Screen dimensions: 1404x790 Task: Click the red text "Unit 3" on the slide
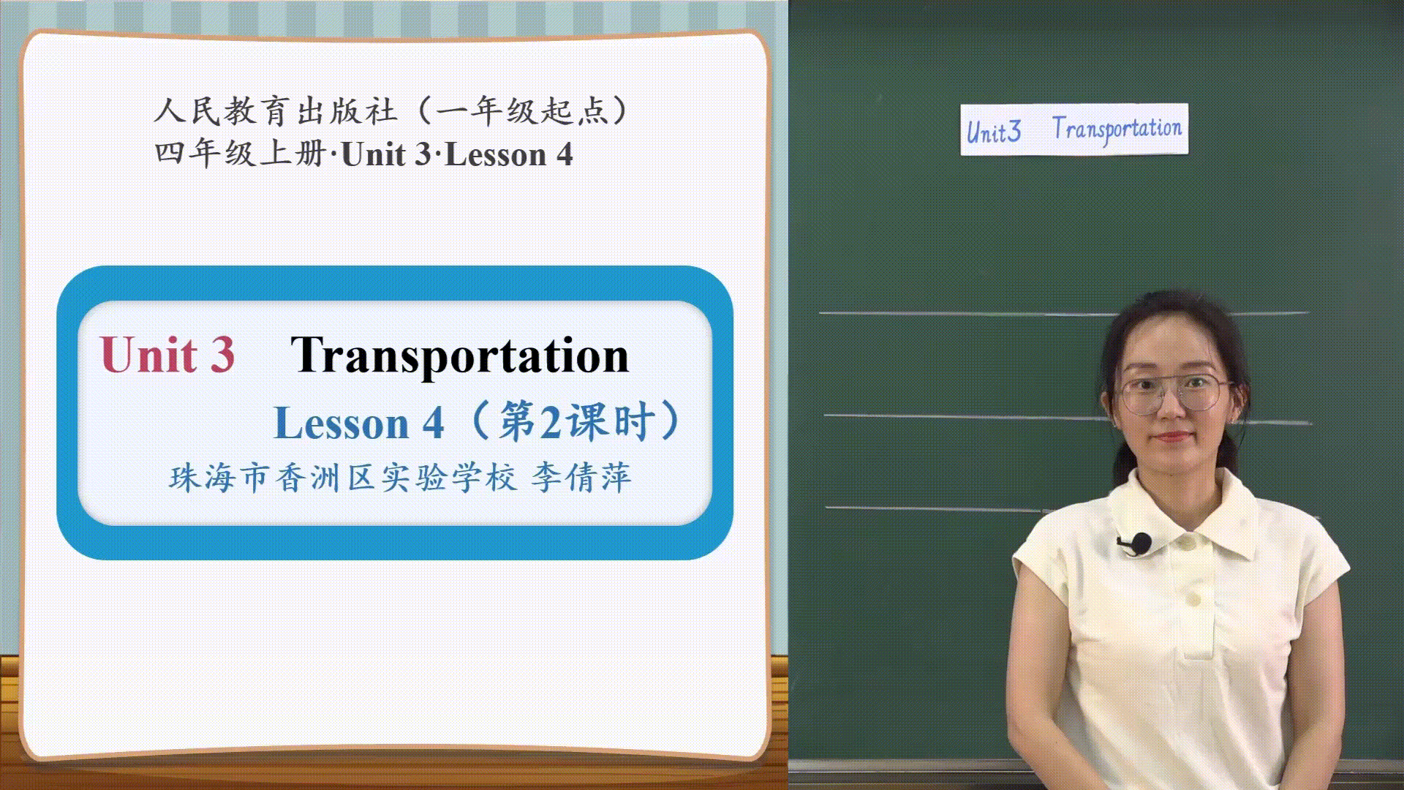pyautogui.click(x=167, y=355)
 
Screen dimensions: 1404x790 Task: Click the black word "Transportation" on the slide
pyautogui.click(x=460, y=356)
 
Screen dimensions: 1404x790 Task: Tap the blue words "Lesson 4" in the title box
pyautogui.click(x=358, y=423)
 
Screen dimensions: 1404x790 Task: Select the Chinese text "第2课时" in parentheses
pyautogui.click(x=576, y=422)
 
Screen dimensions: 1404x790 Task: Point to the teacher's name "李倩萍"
pyautogui.click(x=581, y=478)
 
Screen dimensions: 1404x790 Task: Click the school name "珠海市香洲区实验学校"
pyautogui.click(x=343, y=478)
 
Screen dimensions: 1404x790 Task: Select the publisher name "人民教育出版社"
pyautogui.click(x=276, y=111)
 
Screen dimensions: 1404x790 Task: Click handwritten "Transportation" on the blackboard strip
pyautogui.click(x=1117, y=129)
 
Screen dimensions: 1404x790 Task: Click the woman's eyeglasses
pyautogui.click(x=1174, y=392)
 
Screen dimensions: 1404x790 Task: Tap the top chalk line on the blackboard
pyautogui.click(x=1063, y=314)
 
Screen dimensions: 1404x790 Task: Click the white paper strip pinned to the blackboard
pyautogui.click(x=1074, y=129)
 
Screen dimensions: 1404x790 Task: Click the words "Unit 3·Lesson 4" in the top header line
pyautogui.click(x=457, y=154)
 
